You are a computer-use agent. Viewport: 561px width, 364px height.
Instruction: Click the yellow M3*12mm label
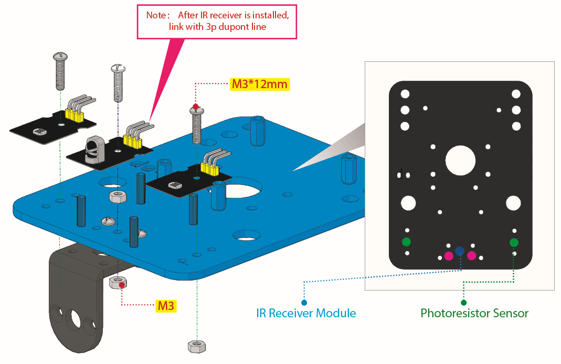click(259, 84)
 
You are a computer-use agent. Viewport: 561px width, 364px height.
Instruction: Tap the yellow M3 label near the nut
click(166, 306)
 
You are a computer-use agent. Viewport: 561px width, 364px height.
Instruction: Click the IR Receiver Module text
click(306, 313)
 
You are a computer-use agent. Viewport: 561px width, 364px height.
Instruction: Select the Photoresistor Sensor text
click(474, 313)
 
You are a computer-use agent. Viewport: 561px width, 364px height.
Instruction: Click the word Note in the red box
click(156, 15)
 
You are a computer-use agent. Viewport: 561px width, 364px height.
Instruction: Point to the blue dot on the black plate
click(460, 251)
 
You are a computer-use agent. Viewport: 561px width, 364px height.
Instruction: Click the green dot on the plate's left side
click(406, 242)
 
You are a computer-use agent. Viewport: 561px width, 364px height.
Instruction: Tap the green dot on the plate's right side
click(514, 242)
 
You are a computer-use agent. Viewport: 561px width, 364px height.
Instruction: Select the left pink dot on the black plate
click(449, 255)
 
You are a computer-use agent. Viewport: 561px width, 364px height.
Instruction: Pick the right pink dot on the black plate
click(472, 255)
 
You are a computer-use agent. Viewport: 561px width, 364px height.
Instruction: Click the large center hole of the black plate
click(460, 160)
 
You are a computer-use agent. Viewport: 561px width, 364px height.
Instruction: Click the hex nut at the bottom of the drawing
click(196, 346)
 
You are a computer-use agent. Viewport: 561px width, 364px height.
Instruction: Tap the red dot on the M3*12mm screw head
click(195, 106)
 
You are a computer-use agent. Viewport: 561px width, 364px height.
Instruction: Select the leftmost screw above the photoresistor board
click(60, 71)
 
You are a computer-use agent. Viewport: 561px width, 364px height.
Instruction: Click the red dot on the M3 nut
click(122, 285)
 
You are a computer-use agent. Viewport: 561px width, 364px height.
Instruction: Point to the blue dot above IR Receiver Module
click(304, 303)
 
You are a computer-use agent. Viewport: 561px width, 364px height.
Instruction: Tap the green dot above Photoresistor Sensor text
click(464, 303)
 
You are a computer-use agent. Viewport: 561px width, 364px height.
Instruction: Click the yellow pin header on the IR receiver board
click(132, 142)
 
